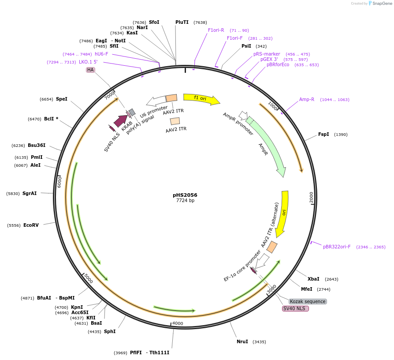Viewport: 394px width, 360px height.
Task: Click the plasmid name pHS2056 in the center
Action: [x=185, y=195]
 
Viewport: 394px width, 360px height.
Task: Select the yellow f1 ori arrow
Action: [x=201, y=99]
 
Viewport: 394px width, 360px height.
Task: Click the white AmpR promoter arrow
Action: [x=242, y=116]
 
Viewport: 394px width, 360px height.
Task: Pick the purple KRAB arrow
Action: [x=121, y=120]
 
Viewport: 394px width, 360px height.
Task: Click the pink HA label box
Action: [x=90, y=70]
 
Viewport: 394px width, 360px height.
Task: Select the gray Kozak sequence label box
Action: [x=308, y=301]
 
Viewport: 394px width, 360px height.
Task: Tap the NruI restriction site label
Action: [x=242, y=341]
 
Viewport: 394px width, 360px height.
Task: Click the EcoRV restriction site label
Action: [x=31, y=225]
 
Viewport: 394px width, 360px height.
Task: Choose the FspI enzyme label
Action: [x=323, y=134]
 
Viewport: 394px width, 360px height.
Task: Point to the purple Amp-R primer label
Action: [x=307, y=99]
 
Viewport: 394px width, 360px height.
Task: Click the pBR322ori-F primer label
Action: [x=337, y=247]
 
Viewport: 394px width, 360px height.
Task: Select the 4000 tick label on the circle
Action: [x=178, y=323]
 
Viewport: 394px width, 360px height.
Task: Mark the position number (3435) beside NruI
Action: [x=259, y=341]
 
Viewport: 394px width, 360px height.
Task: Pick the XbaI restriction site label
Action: [x=313, y=279]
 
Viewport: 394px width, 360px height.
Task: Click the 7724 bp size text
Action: [x=185, y=201]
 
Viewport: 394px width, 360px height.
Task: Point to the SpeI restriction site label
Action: [x=62, y=99]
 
